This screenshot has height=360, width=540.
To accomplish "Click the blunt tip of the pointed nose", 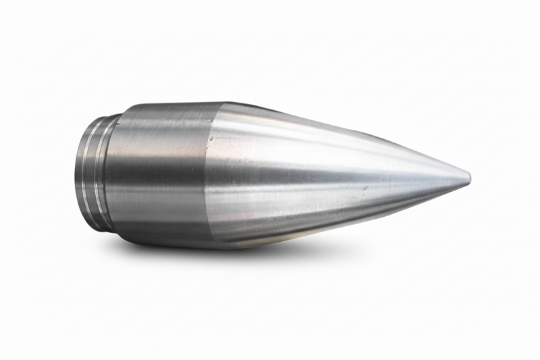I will coord(468,178).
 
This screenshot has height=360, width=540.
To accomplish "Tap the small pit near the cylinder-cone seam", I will coord(210,139).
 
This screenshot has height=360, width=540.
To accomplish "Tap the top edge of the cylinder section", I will coord(169,104).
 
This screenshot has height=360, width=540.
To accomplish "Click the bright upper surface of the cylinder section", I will coord(162,125).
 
